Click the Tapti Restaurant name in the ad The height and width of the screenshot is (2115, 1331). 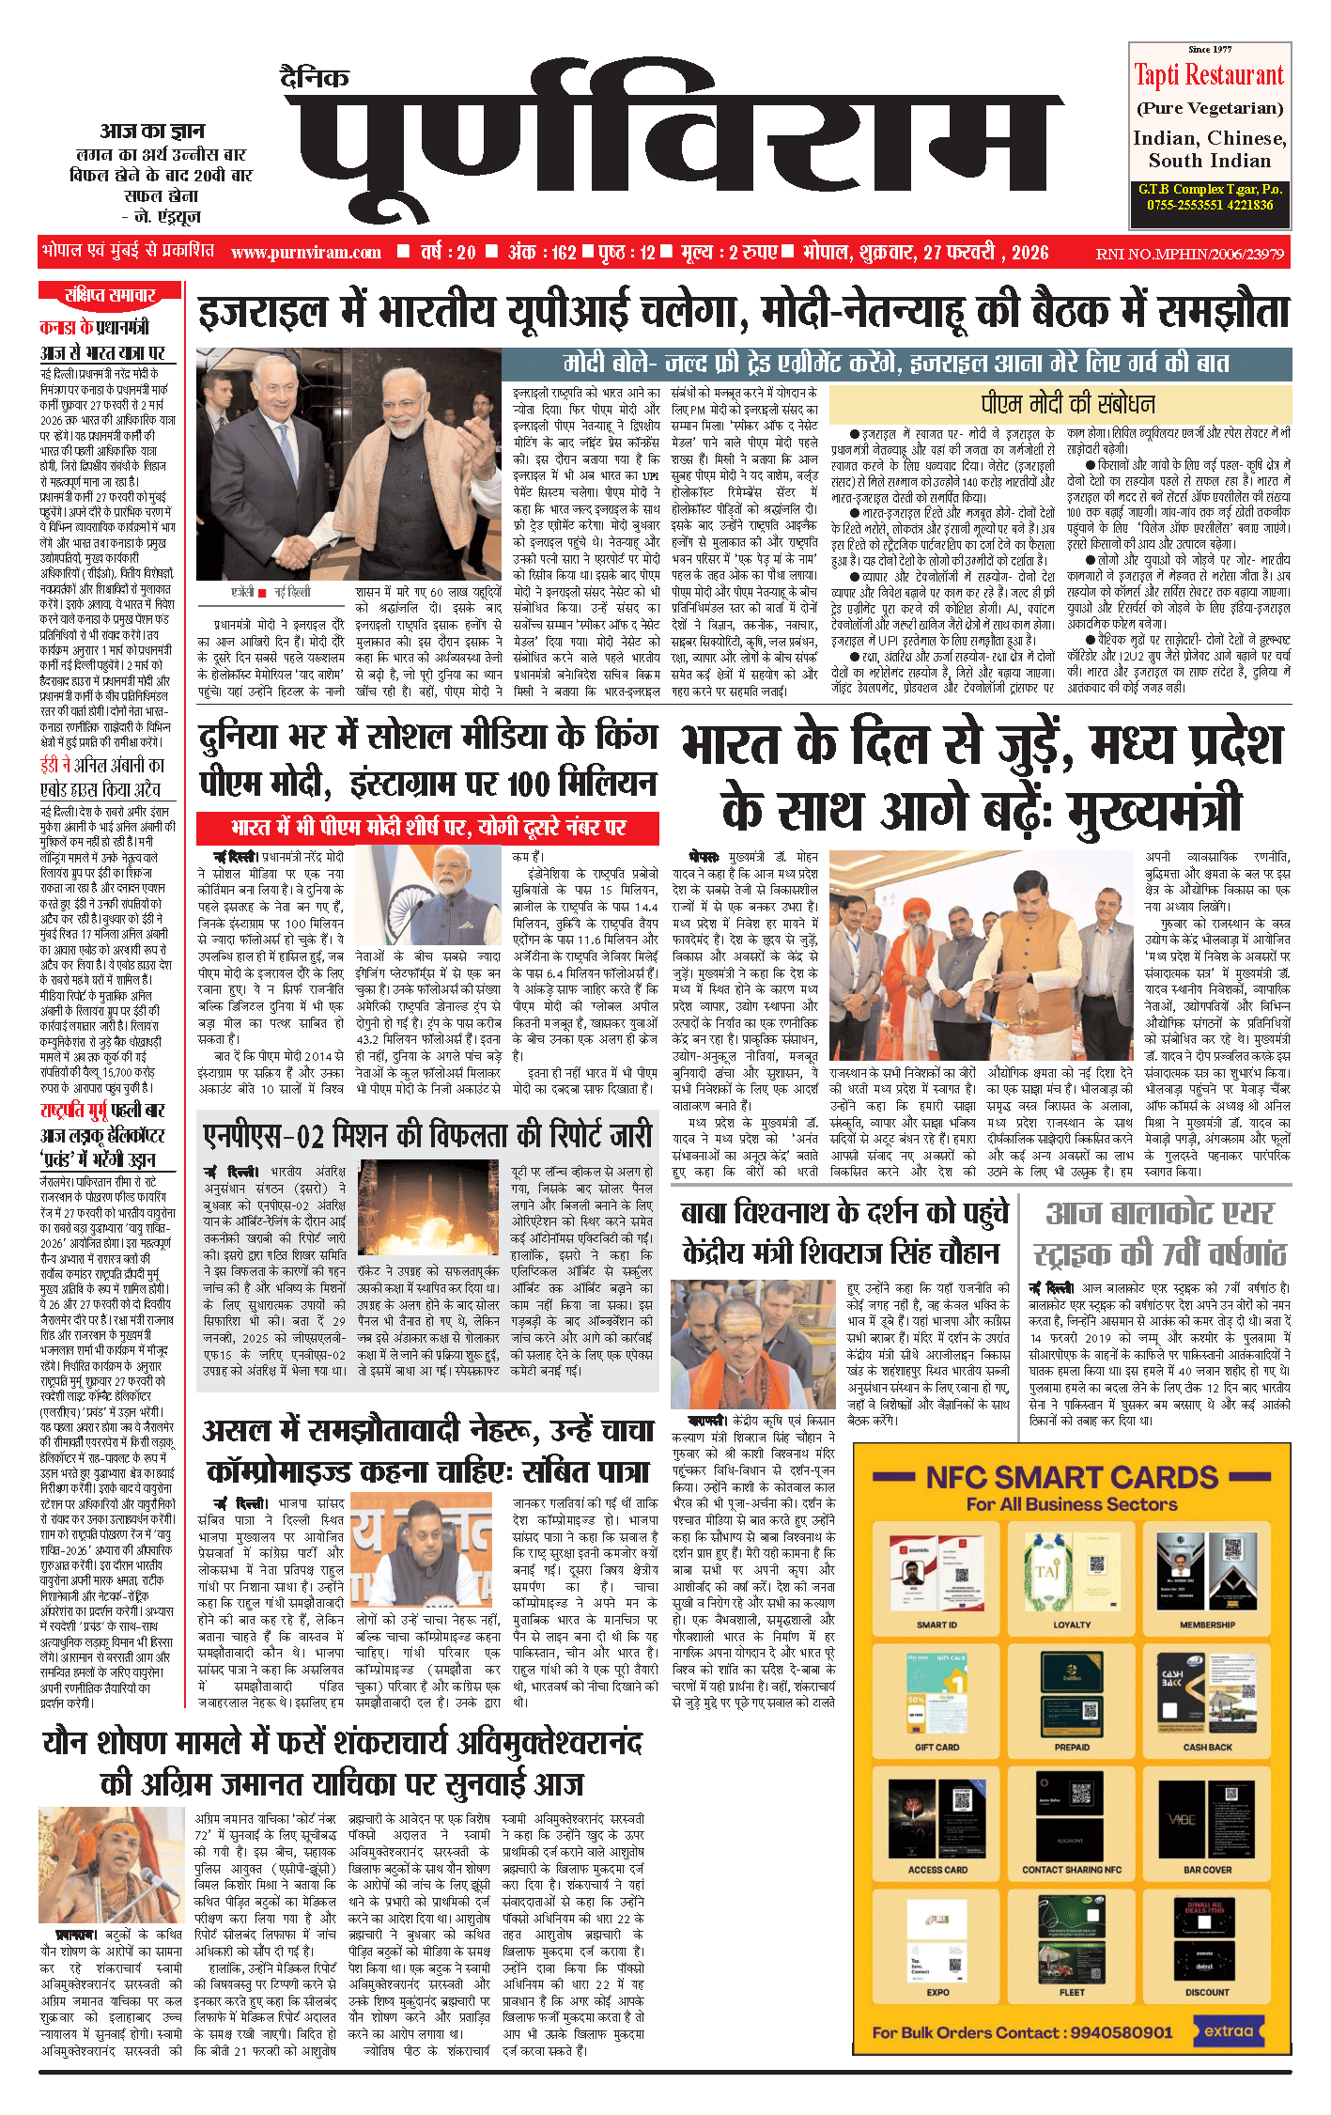pos(1209,75)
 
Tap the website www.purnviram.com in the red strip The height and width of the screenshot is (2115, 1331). pos(305,253)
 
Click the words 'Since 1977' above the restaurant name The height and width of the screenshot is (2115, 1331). pos(1209,49)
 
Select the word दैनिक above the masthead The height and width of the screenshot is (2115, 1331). pos(315,79)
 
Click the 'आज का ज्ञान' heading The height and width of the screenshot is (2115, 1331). pos(153,132)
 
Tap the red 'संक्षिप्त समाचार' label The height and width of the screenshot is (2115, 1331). pos(110,295)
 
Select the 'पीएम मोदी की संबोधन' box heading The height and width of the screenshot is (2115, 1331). pos(1068,404)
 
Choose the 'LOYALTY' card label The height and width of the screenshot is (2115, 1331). pos(1072,1625)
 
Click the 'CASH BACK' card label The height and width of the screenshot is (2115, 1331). pos(1207,1748)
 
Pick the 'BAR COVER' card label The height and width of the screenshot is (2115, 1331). pos(1207,1870)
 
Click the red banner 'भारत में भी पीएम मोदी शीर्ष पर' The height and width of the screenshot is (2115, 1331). pos(427,828)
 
